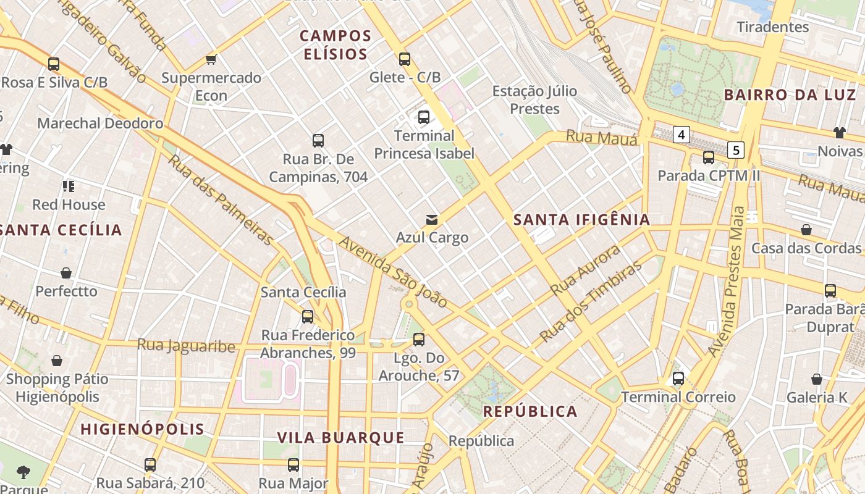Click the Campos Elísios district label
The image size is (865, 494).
tap(335, 45)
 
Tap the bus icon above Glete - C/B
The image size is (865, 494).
tap(405, 59)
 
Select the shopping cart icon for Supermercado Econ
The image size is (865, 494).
tap(211, 60)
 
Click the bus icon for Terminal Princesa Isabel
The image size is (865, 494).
tap(424, 117)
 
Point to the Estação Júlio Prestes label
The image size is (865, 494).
tap(534, 100)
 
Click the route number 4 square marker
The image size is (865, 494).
tap(681, 135)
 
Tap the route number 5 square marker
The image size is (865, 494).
tap(735, 149)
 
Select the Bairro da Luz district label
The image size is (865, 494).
tap(790, 95)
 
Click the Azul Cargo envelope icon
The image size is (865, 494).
tap(432, 219)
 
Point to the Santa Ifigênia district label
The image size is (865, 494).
tap(581, 219)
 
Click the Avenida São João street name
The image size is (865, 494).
tap(393, 272)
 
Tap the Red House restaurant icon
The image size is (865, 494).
tap(69, 186)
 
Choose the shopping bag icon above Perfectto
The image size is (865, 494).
tap(66, 273)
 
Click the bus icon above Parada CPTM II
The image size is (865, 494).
tap(709, 157)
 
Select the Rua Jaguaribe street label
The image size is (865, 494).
tap(186, 346)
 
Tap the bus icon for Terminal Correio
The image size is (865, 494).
tap(678, 379)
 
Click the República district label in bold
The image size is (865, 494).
tap(530, 412)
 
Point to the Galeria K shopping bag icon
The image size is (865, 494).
tap(817, 379)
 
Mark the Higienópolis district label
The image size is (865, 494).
tap(142, 429)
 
